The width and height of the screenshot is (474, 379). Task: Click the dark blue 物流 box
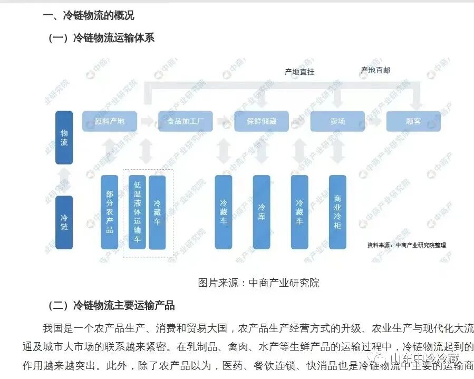(x=64, y=137)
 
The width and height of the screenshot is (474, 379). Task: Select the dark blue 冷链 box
(x=64, y=222)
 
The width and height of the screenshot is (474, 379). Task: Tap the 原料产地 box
(x=110, y=121)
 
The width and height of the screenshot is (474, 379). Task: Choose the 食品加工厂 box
(x=186, y=121)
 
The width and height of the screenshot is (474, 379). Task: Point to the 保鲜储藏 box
(x=262, y=121)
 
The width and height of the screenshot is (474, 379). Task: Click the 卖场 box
(x=337, y=121)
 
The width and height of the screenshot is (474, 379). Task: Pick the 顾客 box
(x=413, y=121)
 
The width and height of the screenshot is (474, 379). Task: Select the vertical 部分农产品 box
(x=110, y=212)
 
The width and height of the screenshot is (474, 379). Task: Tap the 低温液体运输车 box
(x=137, y=212)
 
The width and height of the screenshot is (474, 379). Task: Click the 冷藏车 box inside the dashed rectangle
(x=157, y=212)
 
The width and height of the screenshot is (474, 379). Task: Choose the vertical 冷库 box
(x=262, y=212)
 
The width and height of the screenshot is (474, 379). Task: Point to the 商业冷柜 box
(x=337, y=212)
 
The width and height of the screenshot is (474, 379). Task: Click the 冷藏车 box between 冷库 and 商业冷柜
(x=299, y=212)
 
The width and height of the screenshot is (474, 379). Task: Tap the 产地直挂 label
(x=299, y=72)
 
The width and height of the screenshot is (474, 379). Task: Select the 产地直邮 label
(x=375, y=70)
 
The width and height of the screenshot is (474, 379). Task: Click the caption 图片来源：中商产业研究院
(x=258, y=283)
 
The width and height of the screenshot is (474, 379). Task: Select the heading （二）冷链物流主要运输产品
(x=111, y=306)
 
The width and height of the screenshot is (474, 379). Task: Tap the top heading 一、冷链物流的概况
(x=88, y=16)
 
